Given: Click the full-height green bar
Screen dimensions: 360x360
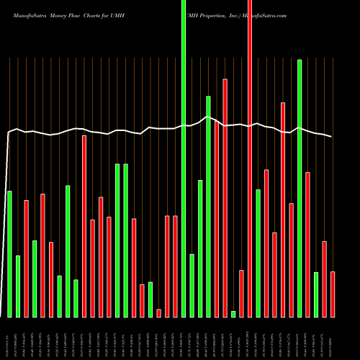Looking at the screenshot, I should pos(184,158).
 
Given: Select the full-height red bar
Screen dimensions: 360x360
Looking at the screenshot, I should pos(250,158).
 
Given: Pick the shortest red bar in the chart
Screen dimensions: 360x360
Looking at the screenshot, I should pos(158,313).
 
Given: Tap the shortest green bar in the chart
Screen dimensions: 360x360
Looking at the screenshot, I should pos(233,314).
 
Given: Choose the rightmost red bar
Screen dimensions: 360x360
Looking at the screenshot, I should pos(333,294).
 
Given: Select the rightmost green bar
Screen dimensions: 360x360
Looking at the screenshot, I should pos(316,294).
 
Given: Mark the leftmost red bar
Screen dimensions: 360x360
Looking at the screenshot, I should pos(27,258).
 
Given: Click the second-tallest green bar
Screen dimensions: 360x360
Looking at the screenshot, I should pos(300,188).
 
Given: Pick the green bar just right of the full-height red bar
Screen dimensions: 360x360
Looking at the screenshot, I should pos(258,253).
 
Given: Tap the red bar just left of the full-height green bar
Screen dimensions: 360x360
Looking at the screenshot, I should pos(175,266).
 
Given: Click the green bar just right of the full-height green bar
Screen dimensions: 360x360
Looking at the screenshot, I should pos(192,285).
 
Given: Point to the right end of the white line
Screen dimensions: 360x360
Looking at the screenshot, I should pos(332,137).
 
